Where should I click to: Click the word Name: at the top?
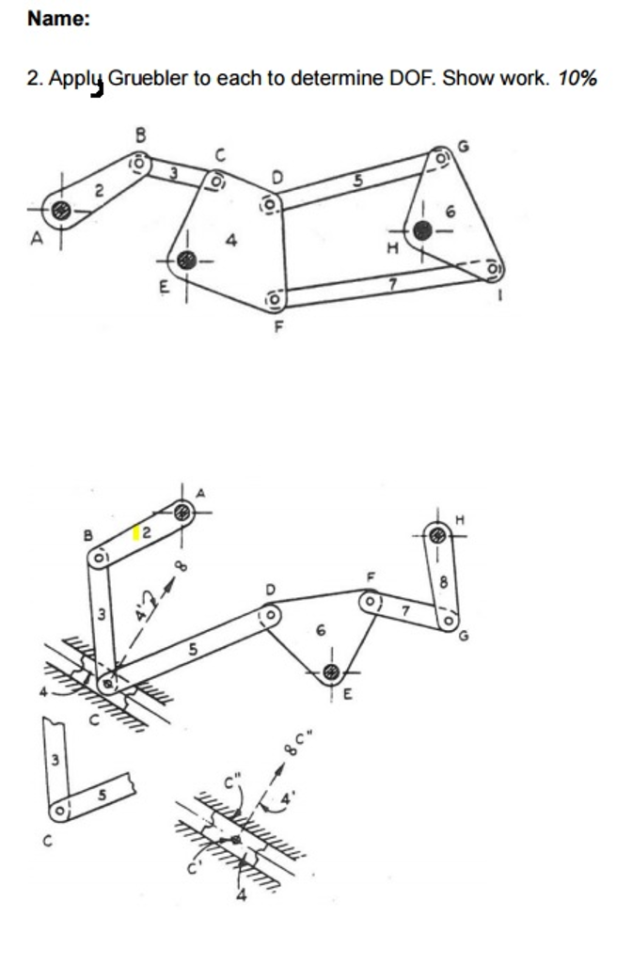pos(58,19)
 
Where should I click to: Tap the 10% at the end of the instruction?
pos(577,79)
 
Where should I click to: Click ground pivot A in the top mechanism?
pos(61,211)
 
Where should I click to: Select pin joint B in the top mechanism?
pos(140,164)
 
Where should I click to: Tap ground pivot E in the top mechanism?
pos(187,261)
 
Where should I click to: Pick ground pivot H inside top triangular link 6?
pos(422,231)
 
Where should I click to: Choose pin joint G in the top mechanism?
pos(441,157)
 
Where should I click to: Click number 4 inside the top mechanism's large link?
pos(231,240)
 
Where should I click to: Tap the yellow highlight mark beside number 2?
pos(136,532)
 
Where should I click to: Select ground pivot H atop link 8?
pos(438,535)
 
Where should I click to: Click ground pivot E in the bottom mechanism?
pos(332,673)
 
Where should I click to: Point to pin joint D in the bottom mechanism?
pos(270,614)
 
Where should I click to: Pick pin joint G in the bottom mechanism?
pos(449,621)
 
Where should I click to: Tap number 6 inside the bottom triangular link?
pos(320,631)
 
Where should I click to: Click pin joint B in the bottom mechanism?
pos(99,559)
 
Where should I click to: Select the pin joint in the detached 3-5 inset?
pos(59,812)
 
